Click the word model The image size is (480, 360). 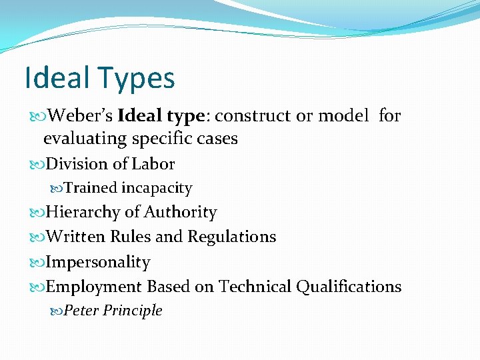[343, 116]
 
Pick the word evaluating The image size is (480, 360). [85, 139]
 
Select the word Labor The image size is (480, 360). [153, 164]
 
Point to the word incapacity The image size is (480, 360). [157, 189]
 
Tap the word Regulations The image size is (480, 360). [231, 237]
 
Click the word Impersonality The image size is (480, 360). [98, 262]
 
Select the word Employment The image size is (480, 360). [94, 287]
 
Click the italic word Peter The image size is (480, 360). [81, 311]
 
